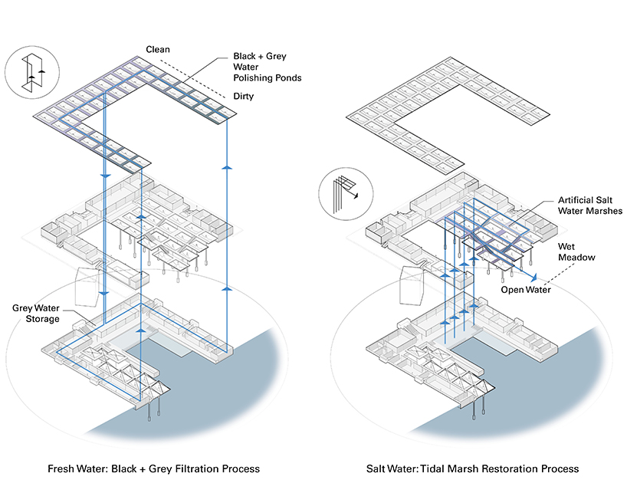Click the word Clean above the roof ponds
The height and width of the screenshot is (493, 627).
[159, 50]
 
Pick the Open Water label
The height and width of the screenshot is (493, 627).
[527, 291]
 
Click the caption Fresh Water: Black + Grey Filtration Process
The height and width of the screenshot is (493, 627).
[153, 468]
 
